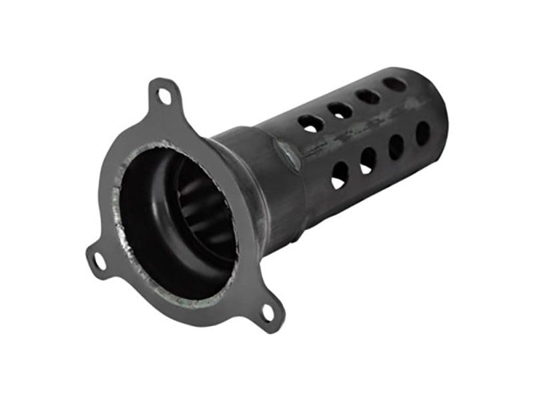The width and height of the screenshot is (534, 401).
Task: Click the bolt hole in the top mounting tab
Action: tap(163, 97)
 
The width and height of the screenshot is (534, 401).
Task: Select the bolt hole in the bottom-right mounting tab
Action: tap(268, 312)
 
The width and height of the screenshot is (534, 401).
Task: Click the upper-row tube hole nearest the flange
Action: tap(310, 124)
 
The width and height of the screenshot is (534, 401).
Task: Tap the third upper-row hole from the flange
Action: tap(368, 97)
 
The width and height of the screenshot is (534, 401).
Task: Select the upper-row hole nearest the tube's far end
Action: tap(394, 84)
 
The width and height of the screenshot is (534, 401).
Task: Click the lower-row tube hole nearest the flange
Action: tap(340, 174)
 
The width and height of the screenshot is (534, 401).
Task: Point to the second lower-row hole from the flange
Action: tap(368, 160)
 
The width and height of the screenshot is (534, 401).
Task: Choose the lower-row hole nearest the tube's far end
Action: tap(423, 133)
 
